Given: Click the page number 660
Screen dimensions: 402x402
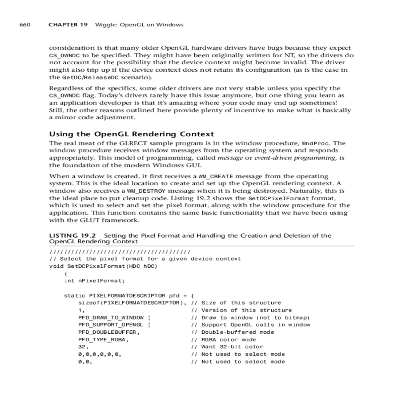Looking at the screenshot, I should (25, 24).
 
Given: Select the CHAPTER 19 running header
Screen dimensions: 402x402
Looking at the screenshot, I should (68, 24).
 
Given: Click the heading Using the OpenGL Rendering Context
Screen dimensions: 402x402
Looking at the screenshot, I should (132, 134).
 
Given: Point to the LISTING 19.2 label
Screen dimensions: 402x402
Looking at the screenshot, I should (72, 236).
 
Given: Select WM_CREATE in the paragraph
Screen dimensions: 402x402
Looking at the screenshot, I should (216, 176).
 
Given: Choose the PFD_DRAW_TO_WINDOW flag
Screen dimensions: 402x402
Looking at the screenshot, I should (111, 318).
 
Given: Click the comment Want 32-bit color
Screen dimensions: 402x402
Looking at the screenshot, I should (232, 347).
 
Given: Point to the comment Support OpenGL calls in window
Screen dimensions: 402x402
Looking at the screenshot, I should (256, 325).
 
